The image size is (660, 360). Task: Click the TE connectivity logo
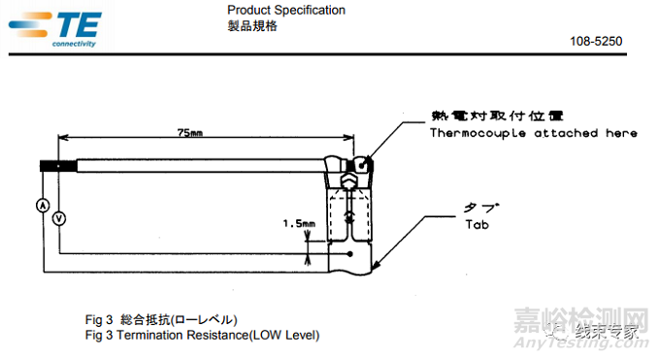tap(55, 29)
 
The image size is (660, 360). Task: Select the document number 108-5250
tap(596, 42)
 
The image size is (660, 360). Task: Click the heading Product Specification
tap(286, 10)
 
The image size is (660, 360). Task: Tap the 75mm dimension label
tap(190, 133)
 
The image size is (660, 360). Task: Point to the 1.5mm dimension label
tap(299, 223)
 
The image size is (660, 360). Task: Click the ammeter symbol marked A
tap(43, 206)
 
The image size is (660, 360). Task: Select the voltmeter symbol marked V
tap(59, 218)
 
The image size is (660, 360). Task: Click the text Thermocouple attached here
tap(533, 133)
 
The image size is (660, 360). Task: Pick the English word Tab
tap(477, 224)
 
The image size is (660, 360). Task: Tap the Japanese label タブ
tap(481, 207)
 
